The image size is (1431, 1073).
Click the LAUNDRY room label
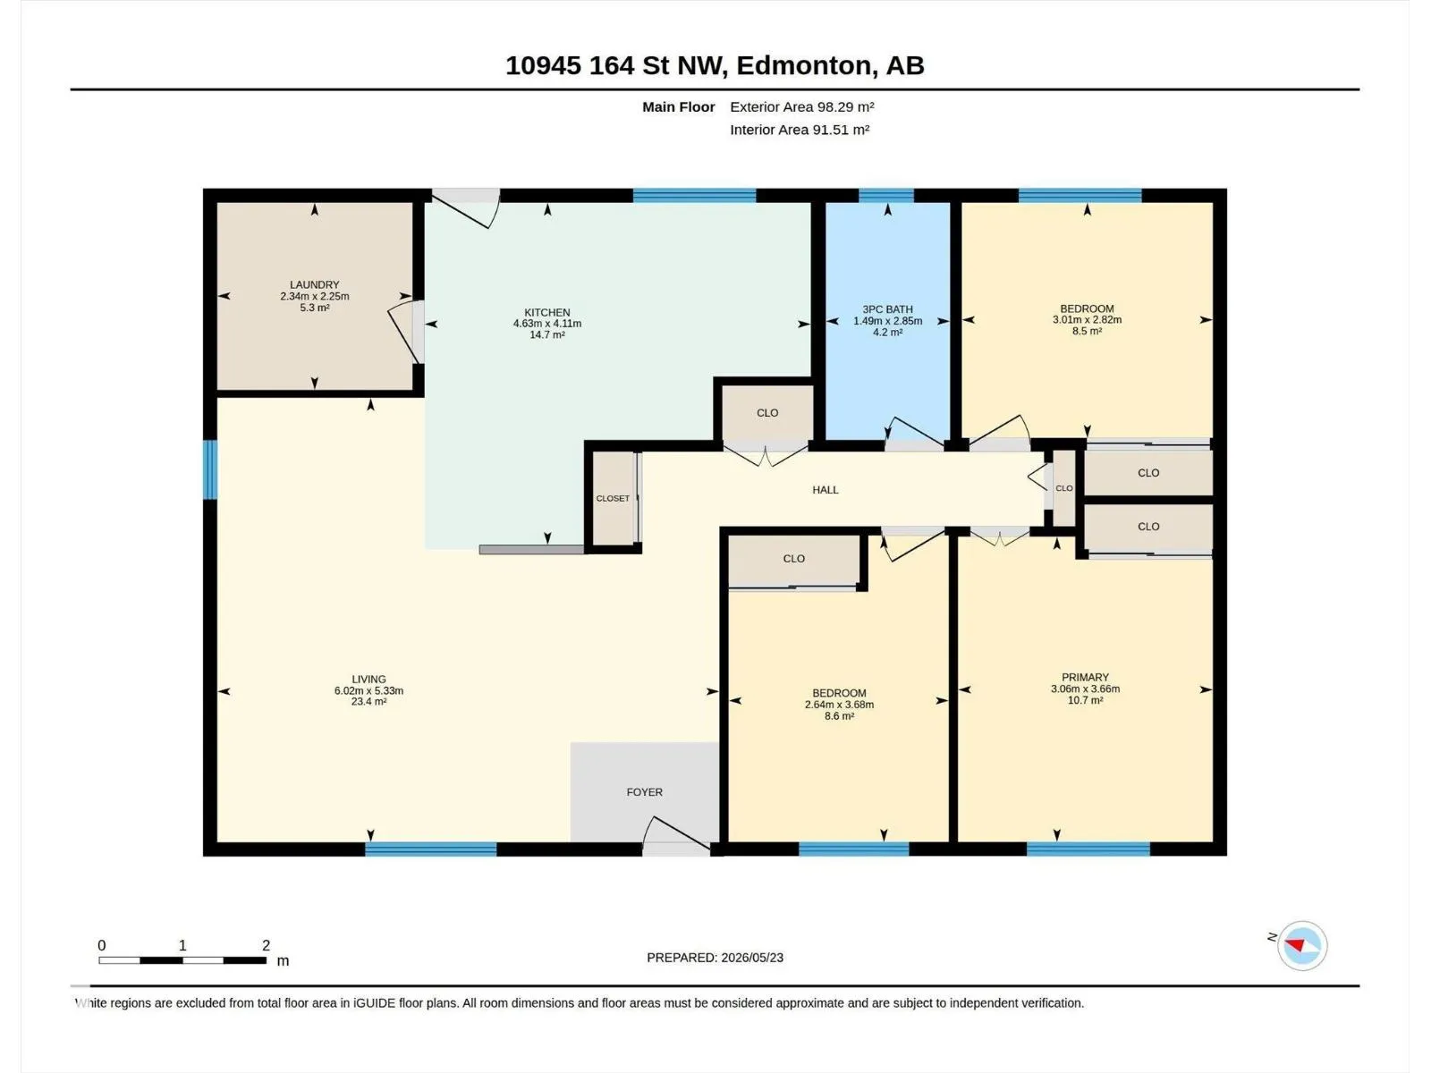pyautogui.click(x=314, y=284)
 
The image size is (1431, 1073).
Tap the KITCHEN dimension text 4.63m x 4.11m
pyautogui.click(x=547, y=324)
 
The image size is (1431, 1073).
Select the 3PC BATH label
pyautogui.click(x=887, y=309)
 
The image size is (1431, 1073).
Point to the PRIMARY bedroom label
pyautogui.click(x=1085, y=678)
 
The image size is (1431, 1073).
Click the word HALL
pyautogui.click(x=826, y=490)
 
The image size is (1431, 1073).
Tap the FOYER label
pyautogui.click(x=644, y=792)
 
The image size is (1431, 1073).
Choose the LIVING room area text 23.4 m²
pyautogui.click(x=369, y=702)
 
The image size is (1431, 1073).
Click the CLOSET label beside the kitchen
pyautogui.click(x=613, y=498)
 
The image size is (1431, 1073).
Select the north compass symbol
pyautogui.click(x=1302, y=945)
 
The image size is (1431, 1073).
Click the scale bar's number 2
pyautogui.click(x=266, y=945)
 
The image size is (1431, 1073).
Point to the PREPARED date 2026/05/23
pyautogui.click(x=751, y=958)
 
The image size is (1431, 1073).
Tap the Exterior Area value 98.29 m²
pyautogui.click(x=845, y=106)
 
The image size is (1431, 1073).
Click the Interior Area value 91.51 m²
pyautogui.click(x=841, y=130)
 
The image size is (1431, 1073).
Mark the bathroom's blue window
pyautogui.click(x=886, y=196)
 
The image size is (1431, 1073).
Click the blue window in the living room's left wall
pyautogui.click(x=210, y=469)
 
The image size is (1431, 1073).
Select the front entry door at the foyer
pyautogui.click(x=676, y=835)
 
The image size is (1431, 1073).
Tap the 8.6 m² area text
pyautogui.click(x=839, y=716)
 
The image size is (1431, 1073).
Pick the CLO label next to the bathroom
pyautogui.click(x=767, y=413)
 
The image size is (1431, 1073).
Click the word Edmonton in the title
pyautogui.click(x=804, y=66)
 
